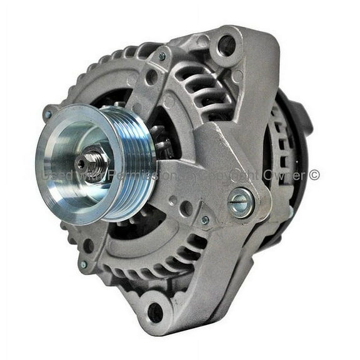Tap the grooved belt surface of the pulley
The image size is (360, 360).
[x=139, y=164]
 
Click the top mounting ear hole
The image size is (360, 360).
[x=227, y=44]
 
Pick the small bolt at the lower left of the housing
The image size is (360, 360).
[x=82, y=264]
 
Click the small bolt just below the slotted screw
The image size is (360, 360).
[x=205, y=220]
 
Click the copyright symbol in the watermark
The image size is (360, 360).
[x=314, y=176]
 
